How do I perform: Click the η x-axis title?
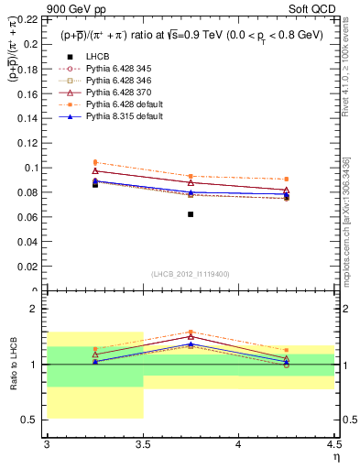[336, 456]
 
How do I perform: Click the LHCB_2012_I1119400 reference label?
[190, 274]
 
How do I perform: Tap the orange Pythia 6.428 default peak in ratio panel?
[191, 332]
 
